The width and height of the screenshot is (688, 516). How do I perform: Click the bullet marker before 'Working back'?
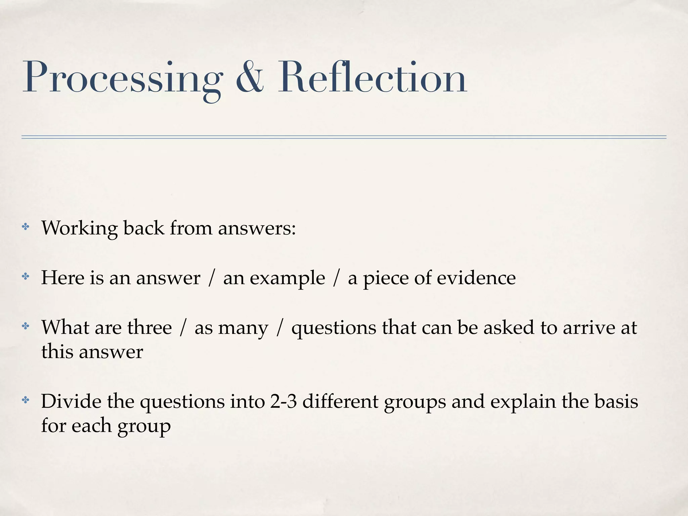pos(26,227)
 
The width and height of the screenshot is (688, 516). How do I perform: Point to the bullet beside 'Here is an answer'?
pos(26,277)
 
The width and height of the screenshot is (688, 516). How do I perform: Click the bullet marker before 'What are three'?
pos(26,326)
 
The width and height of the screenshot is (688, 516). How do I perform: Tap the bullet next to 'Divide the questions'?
pos(26,400)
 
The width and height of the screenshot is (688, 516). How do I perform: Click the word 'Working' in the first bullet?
pos(79,228)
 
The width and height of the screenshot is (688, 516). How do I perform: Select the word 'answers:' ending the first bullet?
pos(257,228)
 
